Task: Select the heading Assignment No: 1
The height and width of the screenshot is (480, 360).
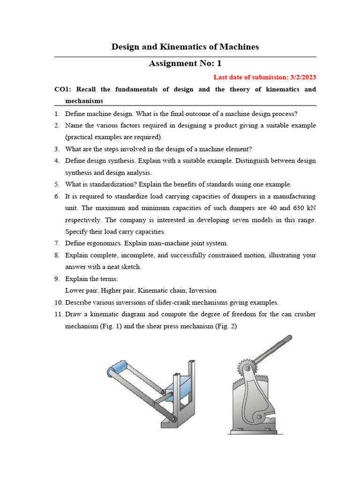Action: tap(185, 63)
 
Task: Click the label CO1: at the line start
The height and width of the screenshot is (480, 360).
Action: tap(63, 89)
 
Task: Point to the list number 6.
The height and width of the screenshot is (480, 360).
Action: tap(56, 196)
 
